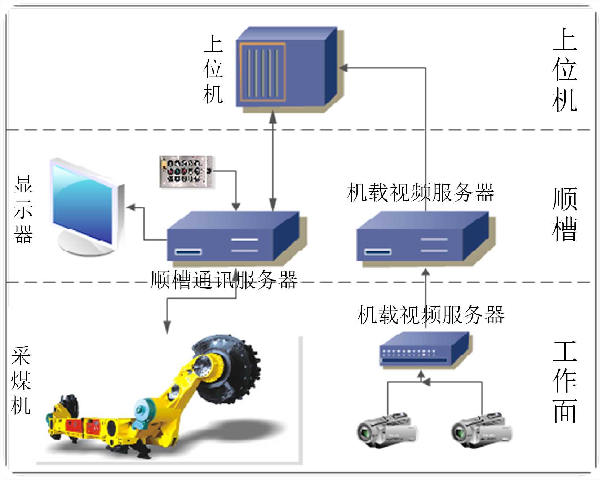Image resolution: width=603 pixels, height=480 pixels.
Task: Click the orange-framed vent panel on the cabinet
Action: click(263, 72)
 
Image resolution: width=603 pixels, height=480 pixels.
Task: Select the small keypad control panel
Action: click(186, 171)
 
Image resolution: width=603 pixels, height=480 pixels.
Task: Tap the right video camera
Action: click(481, 430)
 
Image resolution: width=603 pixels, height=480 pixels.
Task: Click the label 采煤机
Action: click(21, 381)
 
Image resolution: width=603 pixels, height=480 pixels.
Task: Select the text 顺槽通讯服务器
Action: click(223, 280)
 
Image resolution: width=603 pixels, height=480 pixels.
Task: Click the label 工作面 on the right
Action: click(564, 382)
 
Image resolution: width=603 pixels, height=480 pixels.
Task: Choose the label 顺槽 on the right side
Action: click(564, 214)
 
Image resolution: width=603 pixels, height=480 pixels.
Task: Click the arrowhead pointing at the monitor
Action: click(130, 208)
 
